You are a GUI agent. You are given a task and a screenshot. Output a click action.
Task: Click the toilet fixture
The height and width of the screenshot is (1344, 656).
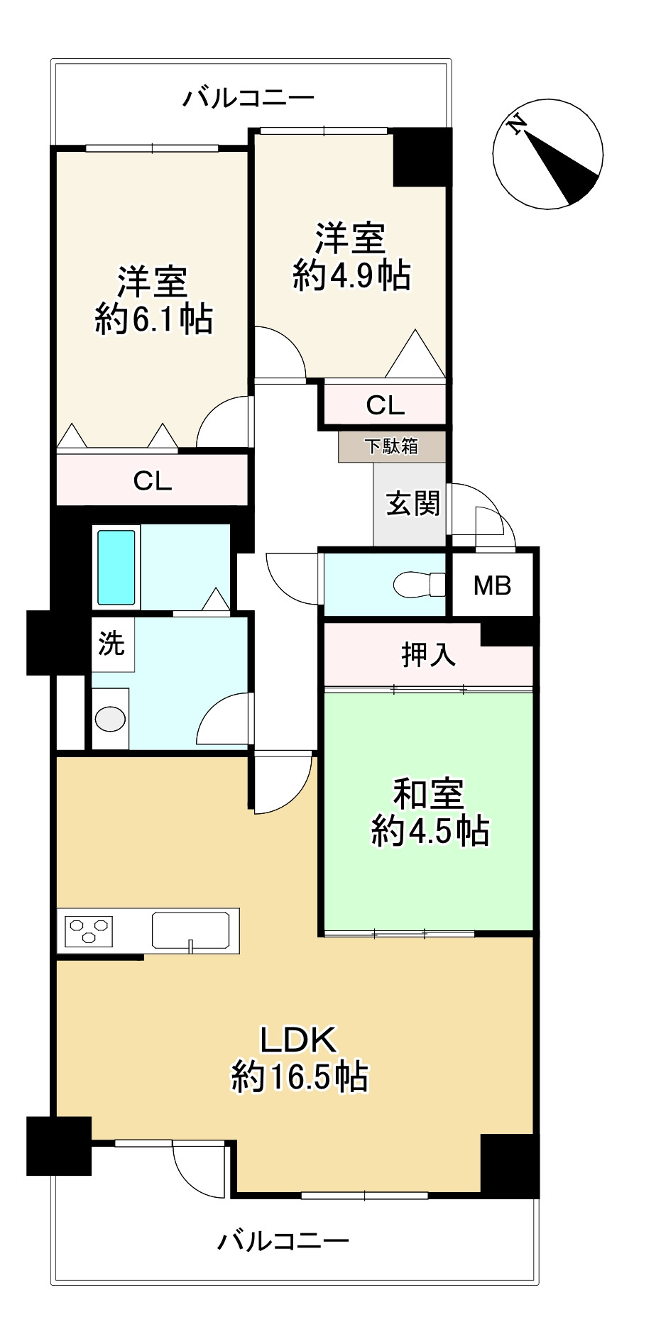point(420,585)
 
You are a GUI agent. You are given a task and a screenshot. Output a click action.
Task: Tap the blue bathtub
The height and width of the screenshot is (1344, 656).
point(116,567)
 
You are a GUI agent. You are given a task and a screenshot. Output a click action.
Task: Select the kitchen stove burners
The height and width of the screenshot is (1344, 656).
point(89,930)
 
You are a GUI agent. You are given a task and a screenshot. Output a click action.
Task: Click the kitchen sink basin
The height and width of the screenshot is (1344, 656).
point(191,930)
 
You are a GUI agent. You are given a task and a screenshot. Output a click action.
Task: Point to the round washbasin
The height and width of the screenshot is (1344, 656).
point(110,719)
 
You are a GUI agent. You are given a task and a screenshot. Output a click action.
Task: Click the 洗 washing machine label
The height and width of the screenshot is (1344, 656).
point(111,643)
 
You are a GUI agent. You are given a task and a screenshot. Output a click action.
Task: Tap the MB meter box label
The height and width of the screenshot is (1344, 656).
point(493,586)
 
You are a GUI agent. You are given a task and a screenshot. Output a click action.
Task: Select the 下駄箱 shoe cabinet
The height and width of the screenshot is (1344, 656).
point(392,446)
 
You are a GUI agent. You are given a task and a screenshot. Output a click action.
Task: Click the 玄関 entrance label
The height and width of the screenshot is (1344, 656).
point(412,504)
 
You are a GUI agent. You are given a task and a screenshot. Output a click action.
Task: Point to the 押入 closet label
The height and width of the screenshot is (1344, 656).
point(428,654)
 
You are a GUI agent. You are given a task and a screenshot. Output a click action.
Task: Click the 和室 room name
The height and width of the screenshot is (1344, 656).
point(429,794)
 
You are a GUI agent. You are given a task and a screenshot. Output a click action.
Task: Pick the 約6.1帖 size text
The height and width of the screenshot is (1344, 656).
point(154,320)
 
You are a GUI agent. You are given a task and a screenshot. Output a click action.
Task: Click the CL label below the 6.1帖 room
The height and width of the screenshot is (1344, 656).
point(153,482)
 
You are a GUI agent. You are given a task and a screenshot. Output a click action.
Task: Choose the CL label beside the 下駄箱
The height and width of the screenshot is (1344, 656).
point(386,405)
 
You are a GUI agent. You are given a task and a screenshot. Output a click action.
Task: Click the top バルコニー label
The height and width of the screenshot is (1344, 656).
point(248,97)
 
